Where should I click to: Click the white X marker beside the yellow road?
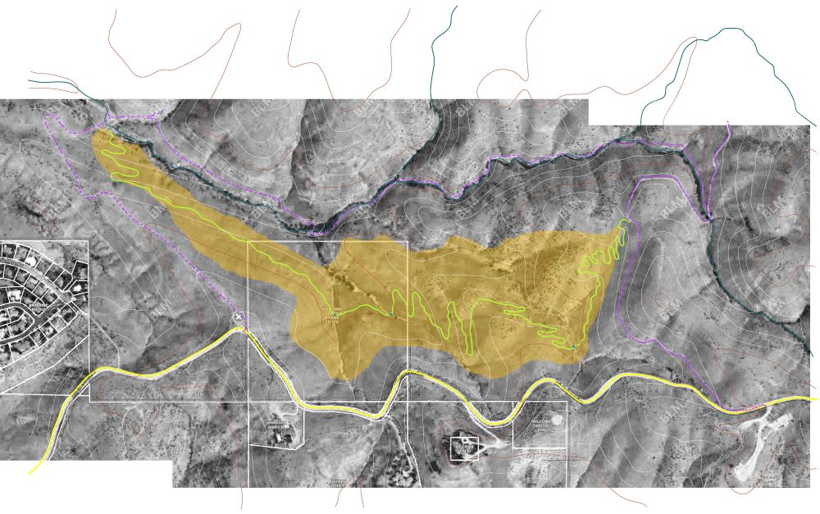pos(239,316)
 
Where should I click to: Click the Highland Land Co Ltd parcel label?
pos(333,313)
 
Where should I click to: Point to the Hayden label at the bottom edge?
pos(337,482)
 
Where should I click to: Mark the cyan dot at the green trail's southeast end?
pos(572,348)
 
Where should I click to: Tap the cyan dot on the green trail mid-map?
pos(391,315)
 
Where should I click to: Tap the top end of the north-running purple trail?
pos(728,124)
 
